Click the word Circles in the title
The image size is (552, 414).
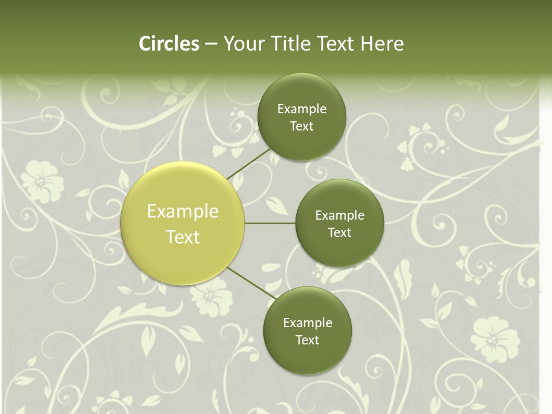[x=169, y=44]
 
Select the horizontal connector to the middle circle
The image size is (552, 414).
[x=270, y=223]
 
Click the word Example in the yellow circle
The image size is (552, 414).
[x=183, y=212]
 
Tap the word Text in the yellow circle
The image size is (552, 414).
[x=183, y=237]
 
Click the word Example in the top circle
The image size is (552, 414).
[x=302, y=109]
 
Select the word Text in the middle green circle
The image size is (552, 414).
[x=339, y=233]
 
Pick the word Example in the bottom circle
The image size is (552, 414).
[x=308, y=323]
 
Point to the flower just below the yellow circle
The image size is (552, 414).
[x=212, y=299]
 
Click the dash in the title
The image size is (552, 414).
[x=211, y=44]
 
